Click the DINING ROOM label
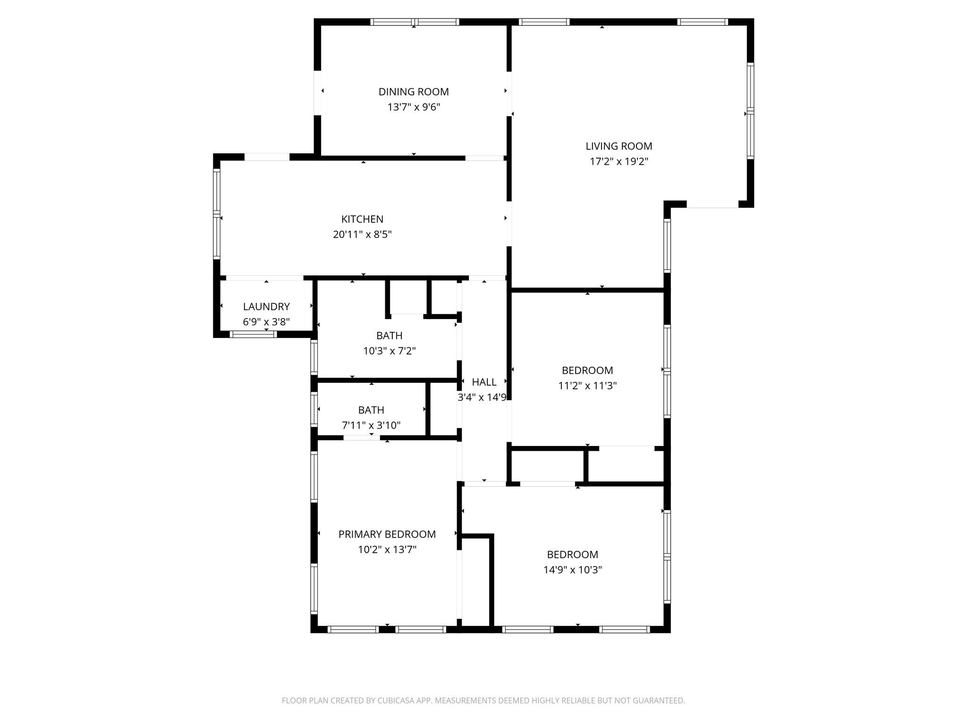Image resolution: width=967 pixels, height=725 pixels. (x=414, y=92)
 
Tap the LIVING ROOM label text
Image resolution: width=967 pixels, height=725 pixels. (x=619, y=146)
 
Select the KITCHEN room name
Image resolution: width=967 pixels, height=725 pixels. (x=362, y=219)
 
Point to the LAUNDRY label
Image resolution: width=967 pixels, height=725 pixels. (x=266, y=307)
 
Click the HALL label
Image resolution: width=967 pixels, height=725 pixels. (x=484, y=382)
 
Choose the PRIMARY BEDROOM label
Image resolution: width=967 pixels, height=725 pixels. (x=387, y=534)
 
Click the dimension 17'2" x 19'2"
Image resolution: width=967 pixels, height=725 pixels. (x=619, y=161)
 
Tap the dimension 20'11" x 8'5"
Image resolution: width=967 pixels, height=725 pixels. (x=362, y=234)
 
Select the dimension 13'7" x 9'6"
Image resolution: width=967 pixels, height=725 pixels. (x=414, y=107)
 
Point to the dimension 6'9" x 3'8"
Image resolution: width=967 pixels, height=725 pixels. (x=266, y=322)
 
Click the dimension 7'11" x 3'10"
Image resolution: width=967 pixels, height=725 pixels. (x=371, y=425)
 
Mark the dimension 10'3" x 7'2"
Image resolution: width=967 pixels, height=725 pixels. (x=390, y=351)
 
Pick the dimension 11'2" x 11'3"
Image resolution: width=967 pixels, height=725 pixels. (x=587, y=386)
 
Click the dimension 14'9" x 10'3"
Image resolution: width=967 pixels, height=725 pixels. (x=572, y=570)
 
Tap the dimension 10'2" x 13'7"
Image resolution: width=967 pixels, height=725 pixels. (x=387, y=549)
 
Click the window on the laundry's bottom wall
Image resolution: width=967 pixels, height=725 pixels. (x=253, y=334)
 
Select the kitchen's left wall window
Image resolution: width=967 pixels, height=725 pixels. (x=217, y=214)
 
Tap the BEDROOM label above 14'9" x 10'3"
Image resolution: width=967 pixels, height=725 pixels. (x=572, y=555)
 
